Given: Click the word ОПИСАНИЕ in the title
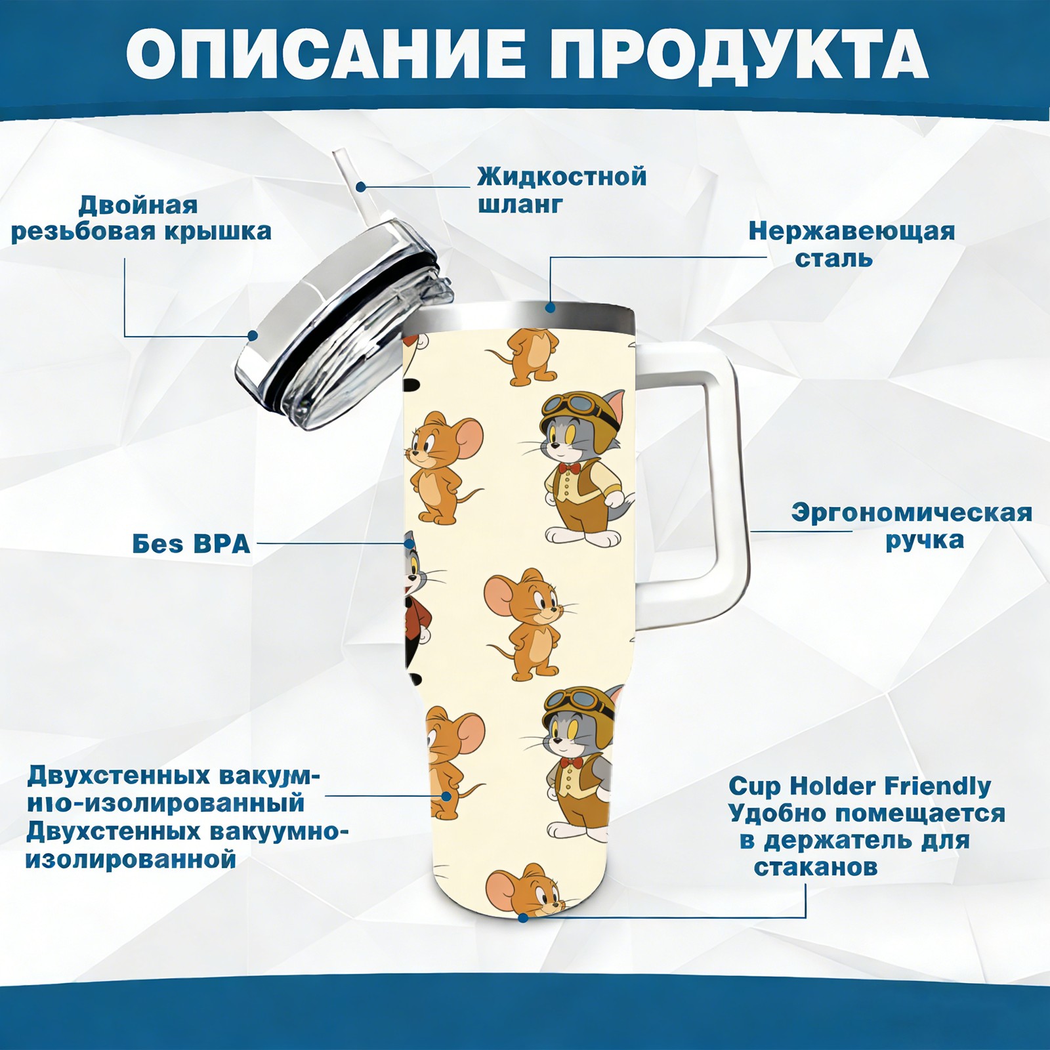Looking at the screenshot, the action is point(325,55).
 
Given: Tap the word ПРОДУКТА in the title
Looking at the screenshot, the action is point(739,56).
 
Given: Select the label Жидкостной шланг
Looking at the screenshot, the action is point(562,190).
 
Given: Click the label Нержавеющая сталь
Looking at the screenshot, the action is point(852,245).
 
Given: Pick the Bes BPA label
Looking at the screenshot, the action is point(192,544).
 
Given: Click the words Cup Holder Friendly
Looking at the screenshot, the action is point(860,786).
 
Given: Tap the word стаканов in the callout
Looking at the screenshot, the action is point(816,868).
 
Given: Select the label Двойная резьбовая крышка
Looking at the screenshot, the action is point(141,219).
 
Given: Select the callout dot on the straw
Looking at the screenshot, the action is point(360,186).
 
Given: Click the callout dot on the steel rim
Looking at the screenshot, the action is point(550,306).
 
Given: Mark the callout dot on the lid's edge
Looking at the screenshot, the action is point(252,335).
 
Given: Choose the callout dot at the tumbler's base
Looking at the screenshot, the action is point(522,917).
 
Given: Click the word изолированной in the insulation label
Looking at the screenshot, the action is point(131,859).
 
